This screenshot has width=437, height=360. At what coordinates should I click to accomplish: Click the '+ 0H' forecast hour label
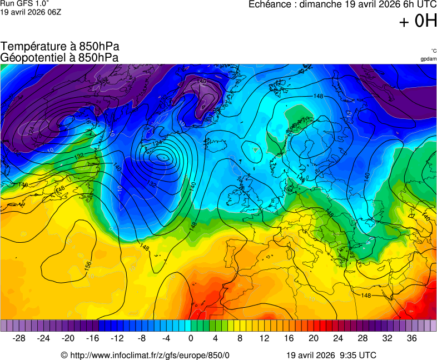[x=418, y=21]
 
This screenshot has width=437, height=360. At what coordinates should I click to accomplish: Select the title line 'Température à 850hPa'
[x=60, y=47]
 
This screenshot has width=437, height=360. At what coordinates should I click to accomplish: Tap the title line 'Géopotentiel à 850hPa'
[x=59, y=57]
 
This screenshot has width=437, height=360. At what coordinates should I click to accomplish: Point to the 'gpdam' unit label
[x=429, y=59]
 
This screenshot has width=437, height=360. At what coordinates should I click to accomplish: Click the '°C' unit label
[x=433, y=51]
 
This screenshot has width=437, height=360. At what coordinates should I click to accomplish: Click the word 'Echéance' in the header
[x=269, y=4]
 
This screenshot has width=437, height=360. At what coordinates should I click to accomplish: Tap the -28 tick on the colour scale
[x=19, y=338]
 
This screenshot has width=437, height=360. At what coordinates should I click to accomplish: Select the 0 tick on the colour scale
[x=191, y=338]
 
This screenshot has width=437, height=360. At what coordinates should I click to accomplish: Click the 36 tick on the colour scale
[x=411, y=338]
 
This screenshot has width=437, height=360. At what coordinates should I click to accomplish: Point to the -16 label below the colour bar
[x=93, y=338]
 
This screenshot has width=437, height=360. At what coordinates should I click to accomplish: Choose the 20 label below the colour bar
[x=314, y=338]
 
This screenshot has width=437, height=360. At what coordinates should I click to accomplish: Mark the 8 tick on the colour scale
[x=240, y=338]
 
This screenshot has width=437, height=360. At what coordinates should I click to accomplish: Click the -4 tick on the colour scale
[x=166, y=338]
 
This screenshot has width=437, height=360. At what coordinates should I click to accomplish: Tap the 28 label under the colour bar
[x=362, y=338]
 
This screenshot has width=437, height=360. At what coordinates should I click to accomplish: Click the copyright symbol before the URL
[x=64, y=356]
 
